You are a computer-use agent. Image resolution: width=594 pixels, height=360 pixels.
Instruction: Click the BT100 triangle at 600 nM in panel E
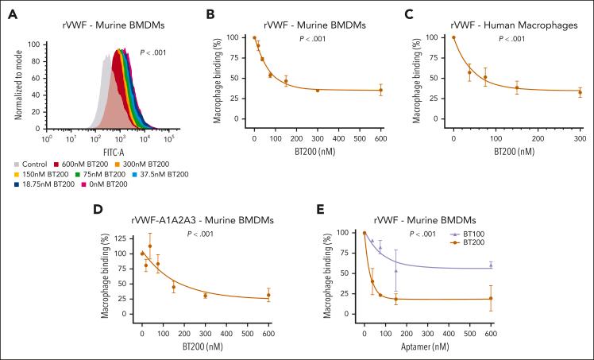(x=491, y=265)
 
